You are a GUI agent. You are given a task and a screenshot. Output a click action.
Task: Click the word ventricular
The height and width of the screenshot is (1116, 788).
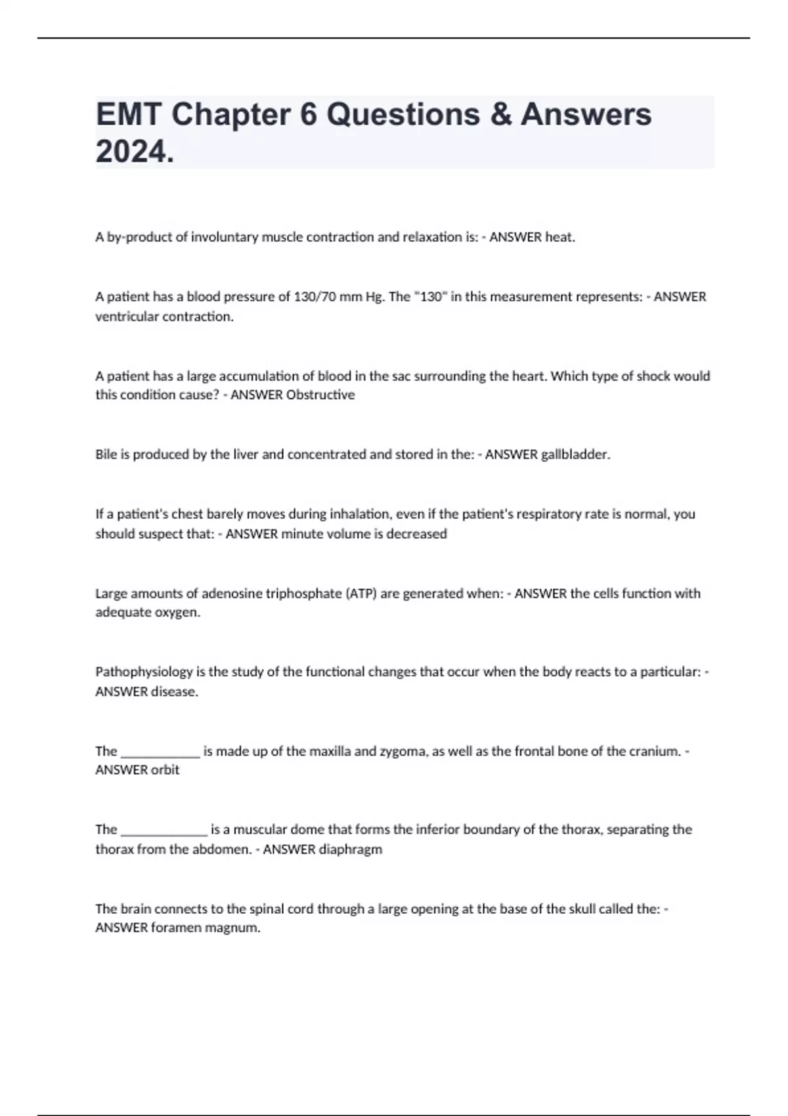pos(127,316)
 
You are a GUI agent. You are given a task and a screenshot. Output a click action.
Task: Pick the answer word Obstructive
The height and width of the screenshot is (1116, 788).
pos(320,395)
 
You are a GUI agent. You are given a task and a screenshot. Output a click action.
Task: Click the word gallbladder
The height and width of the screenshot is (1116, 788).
pos(575,454)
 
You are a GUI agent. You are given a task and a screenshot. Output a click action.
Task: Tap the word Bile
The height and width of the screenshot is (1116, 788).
pos(106,454)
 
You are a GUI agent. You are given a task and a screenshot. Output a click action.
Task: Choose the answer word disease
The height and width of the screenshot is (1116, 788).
pos(174,691)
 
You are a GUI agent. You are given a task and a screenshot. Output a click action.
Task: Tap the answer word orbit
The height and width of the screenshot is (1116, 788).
pos(165,770)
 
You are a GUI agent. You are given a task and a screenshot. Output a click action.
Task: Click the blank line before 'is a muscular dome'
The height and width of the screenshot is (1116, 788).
pos(165,830)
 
